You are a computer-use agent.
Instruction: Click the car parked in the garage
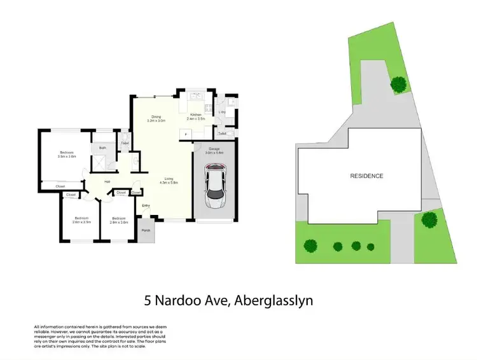214,189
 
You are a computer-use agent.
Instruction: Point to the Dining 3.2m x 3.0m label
156,118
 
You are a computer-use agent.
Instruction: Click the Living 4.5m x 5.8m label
169,181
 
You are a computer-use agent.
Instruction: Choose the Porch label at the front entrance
146,230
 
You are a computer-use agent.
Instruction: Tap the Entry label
146,205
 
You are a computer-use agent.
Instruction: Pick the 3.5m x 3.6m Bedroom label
67,155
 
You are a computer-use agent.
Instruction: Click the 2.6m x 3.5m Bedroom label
81,221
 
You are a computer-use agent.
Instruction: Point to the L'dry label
222,113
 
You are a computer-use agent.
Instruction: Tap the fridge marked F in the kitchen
186,134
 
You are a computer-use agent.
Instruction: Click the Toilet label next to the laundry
221,134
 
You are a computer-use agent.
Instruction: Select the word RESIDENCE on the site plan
366,176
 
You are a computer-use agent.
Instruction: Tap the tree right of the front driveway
429,219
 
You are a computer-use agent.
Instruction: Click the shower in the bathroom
99,163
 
